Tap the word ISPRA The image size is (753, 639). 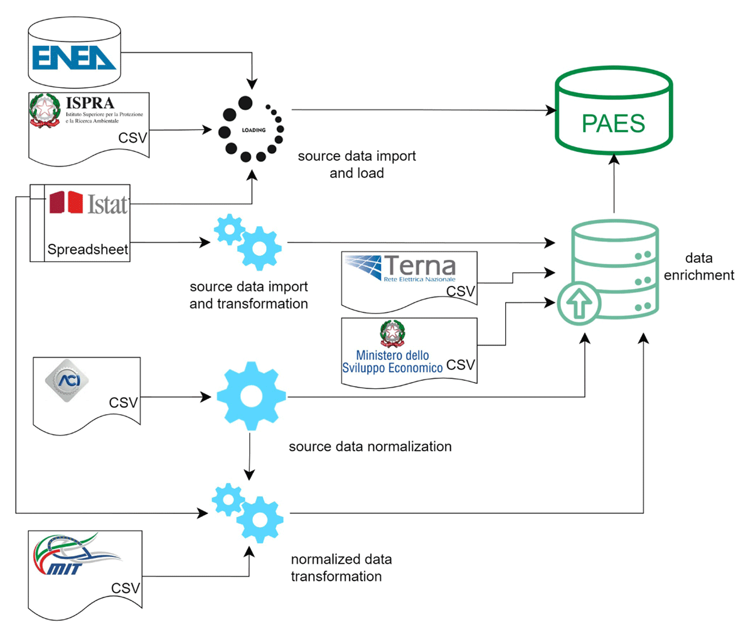pyautogui.click(x=90, y=102)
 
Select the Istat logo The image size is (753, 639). pyautogui.click(x=88, y=203)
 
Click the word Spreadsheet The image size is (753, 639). pyautogui.click(x=88, y=249)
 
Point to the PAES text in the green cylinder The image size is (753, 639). pyautogui.click(x=613, y=124)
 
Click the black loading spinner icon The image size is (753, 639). pyautogui.click(x=251, y=130)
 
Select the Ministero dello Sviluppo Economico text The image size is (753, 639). pyautogui.click(x=392, y=362)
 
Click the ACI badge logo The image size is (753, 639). pyautogui.click(x=67, y=380)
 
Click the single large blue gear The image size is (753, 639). pyautogui.click(x=251, y=396)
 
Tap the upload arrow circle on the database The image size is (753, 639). pyautogui.click(x=579, y=303)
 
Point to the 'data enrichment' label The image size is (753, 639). pyautogui.click(x=699, y=266)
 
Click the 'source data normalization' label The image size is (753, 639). pyautogui.click(x=370, y=447)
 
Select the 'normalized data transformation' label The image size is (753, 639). pyautogui.click(x=341, y=567)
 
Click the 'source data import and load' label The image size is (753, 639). pyautogui.click(x=356, y=164)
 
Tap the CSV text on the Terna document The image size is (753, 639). pyautogui.click(x=461, y=292)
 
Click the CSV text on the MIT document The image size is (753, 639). pyautogui.click(x=125, y=588)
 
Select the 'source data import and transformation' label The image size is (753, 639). pyautogui.click(x=248, y=295)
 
